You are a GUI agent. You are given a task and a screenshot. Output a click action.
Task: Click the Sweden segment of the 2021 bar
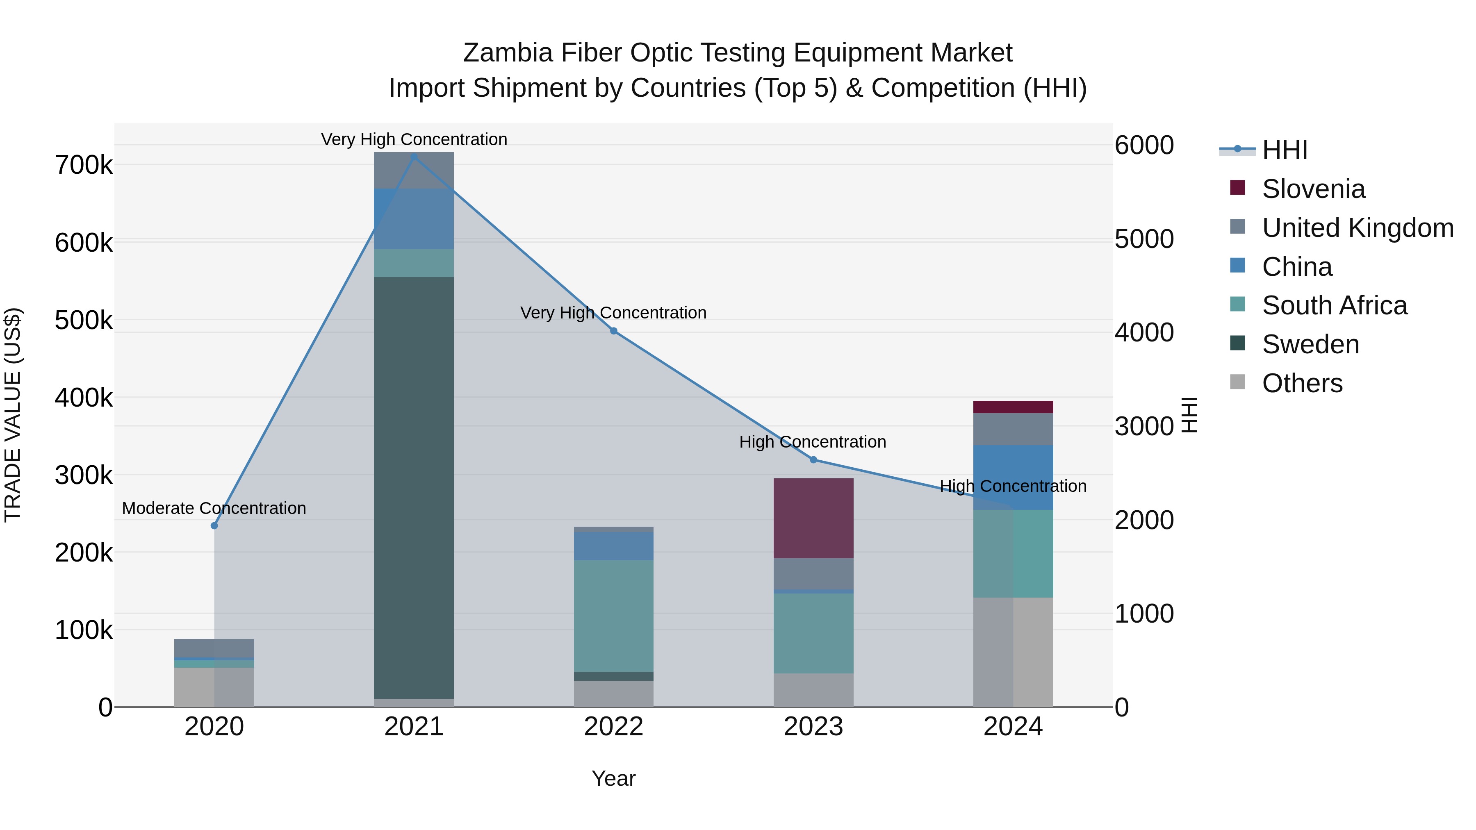pos(414,487)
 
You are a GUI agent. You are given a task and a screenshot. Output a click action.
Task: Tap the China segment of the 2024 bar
pos(1013,477)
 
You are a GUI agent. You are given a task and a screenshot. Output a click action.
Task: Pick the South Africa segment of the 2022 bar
pos(614,616)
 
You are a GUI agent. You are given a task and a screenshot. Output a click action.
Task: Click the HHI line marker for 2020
pos(214,525)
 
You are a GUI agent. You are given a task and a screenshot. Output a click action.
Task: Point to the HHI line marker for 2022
pos(614,330)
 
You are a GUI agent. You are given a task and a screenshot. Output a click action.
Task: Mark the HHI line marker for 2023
pos(813,459)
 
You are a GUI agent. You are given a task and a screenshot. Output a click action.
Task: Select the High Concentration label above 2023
pos(813,441)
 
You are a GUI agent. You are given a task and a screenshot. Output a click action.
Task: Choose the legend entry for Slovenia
pos(1313,189)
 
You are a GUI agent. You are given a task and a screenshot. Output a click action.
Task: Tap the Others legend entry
pos(1302,383)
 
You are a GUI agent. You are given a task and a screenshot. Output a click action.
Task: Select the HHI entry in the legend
pos(1285,150)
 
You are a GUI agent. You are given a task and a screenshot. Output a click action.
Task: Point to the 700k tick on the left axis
pos(84,166)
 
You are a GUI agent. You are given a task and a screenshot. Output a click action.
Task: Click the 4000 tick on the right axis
pos(1143,333)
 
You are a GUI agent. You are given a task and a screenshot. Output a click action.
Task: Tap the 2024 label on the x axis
pos(1013,727)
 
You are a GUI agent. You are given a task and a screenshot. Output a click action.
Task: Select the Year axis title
pos(614,778)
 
